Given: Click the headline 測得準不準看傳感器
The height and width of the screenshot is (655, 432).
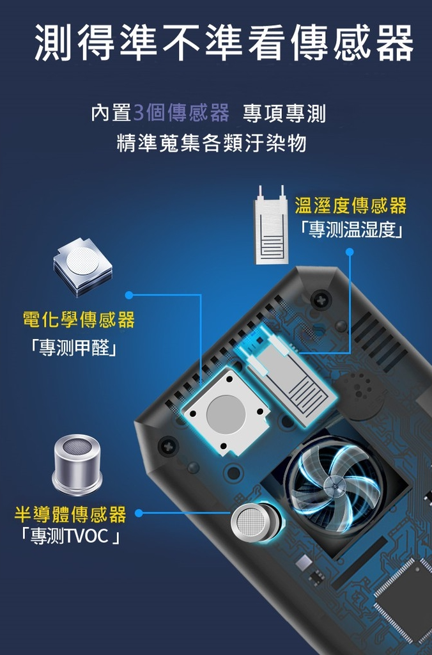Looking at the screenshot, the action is tap(224, 43).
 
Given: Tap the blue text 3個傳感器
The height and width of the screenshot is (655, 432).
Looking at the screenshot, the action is tap(181, 113).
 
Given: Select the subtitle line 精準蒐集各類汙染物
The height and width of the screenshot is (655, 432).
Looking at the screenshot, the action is tap(212, 143).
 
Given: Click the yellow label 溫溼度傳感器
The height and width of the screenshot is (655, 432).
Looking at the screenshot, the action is tap(351, 206).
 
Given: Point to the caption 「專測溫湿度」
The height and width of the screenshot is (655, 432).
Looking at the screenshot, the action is tap(351, 230).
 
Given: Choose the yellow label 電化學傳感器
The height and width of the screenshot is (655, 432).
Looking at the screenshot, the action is tap(79, 320).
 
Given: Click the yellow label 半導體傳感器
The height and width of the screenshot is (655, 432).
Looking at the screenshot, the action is tap(70, 514).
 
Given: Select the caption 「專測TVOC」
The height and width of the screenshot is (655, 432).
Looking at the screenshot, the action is tap(71, 536).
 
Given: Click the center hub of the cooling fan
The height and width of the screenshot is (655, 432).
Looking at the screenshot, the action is tap(335, 485).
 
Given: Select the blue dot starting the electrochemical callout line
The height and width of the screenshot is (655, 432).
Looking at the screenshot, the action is tap(129, 296).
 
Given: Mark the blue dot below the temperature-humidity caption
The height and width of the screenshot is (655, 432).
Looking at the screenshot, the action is tap(350, 251).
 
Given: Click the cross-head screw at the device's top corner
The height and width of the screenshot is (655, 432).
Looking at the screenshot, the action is tap(321, 299).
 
